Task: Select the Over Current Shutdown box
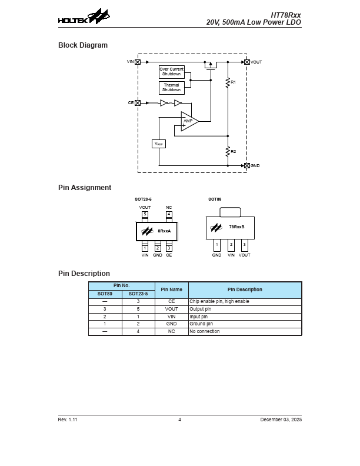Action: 172,72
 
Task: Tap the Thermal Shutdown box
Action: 172,88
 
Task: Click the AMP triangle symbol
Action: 189,121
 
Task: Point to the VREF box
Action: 159,144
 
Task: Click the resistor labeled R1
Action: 228,83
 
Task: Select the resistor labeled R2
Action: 228,152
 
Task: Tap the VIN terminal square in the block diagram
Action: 138,62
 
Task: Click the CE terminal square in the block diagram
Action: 138,103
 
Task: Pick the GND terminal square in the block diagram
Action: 246,166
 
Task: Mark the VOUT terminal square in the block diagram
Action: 246,62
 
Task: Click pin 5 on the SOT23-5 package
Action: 145,215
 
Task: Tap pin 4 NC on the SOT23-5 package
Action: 169,215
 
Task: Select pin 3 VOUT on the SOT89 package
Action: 245,244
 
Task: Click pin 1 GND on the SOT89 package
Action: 217,244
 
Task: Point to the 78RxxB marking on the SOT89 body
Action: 237,227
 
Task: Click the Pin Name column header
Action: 171,289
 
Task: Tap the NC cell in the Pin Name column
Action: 171,331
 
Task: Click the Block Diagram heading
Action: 83,45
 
